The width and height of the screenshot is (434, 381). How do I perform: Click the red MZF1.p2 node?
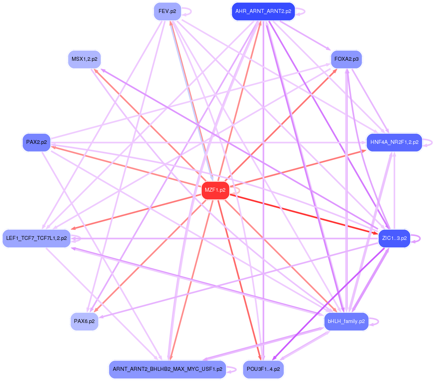[x=215, y=190]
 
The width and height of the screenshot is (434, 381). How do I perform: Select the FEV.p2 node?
[x=167, y=11]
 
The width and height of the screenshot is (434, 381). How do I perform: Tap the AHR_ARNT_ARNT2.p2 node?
[x=263, y=11]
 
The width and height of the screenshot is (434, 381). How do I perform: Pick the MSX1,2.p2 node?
[x=84, y=60]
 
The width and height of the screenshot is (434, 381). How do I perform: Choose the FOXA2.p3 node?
[x=346, y=60]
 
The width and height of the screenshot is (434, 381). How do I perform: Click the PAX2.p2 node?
[x=36, y=142]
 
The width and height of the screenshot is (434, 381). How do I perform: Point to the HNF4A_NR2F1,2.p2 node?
[x=394, y=142]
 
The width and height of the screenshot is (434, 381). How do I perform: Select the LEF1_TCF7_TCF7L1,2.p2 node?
[x=36, y=238]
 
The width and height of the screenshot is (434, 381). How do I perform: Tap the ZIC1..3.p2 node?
[x=394, y=238]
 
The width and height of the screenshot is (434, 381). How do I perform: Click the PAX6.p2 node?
[x=84, y=321]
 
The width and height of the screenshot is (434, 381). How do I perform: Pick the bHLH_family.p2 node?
[x=346, y=321]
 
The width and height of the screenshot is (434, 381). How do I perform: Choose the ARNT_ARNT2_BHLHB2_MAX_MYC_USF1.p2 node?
[x=167, y=369]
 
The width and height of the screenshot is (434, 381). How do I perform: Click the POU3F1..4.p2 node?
[x=263, y=369]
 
